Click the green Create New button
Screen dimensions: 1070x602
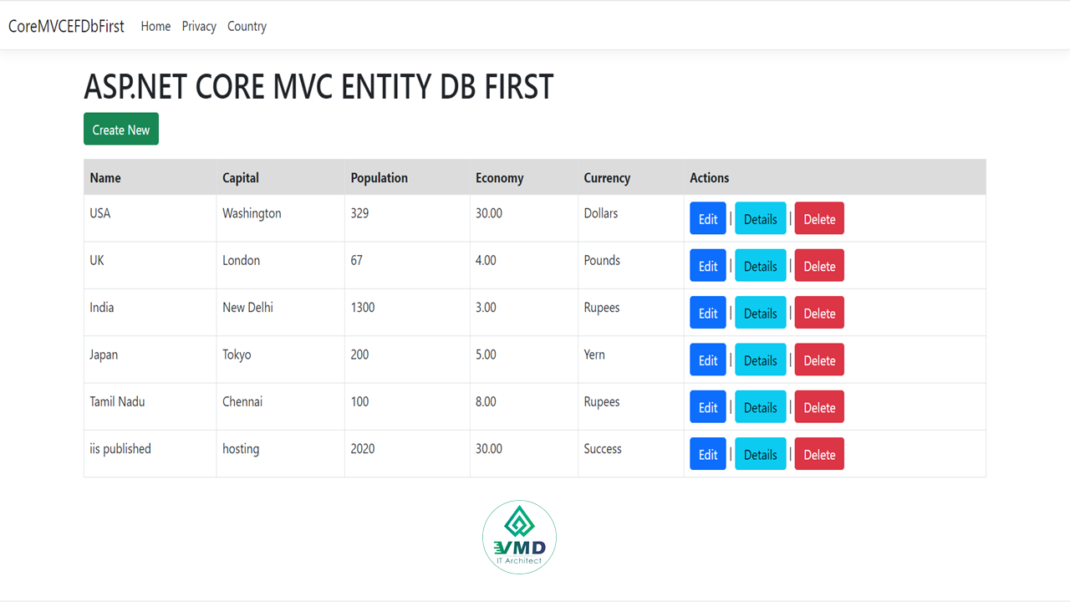coord(121,129)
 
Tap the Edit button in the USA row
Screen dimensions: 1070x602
coord(707,218)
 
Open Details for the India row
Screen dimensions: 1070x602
coord(760,313)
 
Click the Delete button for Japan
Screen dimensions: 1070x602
coord(819,360)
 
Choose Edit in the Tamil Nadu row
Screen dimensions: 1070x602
coord(707,406)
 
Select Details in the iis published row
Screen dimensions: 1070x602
coord(760,453)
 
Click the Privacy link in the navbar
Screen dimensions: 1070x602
coord(199,26)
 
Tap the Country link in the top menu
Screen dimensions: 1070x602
coord(247,26)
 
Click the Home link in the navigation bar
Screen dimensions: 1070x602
coord(155,26)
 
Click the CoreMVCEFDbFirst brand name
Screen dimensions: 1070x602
coord(66,26)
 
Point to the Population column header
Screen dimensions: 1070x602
coord(380,178)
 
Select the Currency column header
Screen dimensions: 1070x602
coord(607,178)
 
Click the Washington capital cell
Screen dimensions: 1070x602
coord(252,213)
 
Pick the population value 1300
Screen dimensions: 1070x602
coord(363,307)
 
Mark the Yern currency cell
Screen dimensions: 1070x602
coord(594,355)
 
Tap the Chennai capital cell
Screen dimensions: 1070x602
coord(242,401)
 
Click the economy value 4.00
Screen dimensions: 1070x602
coord(486,260)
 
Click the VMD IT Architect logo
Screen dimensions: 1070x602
coord(519,537)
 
